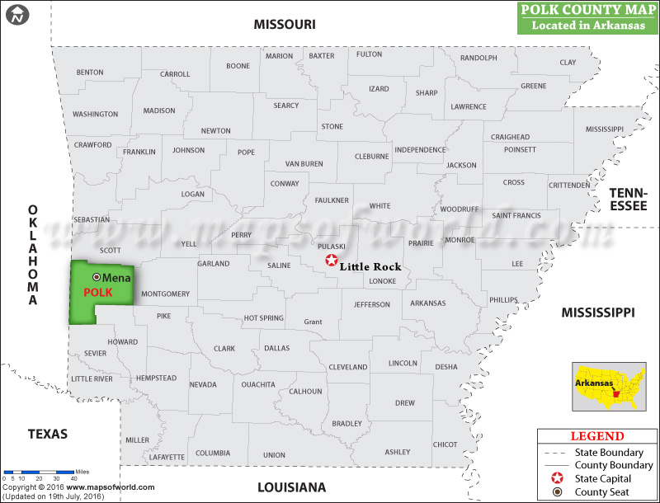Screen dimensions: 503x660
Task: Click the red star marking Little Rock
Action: point(331,261)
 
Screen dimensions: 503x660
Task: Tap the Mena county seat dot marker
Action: point(97,278)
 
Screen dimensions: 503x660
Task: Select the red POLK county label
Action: point(97,293)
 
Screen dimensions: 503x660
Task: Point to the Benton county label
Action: point(90,73)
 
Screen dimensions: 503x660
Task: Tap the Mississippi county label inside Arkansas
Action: point(605,130)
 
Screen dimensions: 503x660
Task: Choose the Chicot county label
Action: point(445,444)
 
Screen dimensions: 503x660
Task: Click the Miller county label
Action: point(138,440)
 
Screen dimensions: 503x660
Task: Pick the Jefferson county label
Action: point(372,305)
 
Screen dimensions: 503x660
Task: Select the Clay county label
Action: point(568,63)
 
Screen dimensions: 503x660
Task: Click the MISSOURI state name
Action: point(285,25)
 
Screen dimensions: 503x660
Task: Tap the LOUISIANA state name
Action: point(292,487)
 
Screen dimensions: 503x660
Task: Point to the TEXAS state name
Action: point(47,434)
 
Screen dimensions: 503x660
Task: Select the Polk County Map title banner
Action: point(587,17)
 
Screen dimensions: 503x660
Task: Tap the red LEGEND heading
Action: point(597,436)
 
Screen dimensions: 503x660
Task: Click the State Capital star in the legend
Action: point(557,479)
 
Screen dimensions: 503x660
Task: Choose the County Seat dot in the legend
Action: point(557,493)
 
